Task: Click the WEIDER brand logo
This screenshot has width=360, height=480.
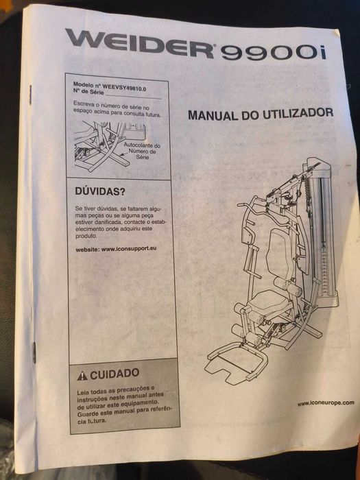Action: tap(139, 43)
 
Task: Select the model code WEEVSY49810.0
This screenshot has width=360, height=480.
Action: tap(124, 88)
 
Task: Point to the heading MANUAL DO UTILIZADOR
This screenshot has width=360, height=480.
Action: tap(261, 115)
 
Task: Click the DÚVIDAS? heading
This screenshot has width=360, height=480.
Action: tap(100, 192)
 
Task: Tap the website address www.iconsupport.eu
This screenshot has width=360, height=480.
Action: tap(129, 249)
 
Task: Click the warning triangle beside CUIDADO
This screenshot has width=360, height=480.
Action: tap(82, 375)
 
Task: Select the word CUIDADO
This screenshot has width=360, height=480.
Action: tap(115, 374)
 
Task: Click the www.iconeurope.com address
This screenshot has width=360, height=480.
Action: tap(326, 403)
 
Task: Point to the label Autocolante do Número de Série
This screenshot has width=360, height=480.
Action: tap(143, 152)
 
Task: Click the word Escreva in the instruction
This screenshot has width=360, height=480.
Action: tap(82, 104)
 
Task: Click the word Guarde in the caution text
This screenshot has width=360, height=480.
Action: tap(87, 414)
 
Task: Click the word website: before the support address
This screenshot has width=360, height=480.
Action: tap(88, 250)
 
